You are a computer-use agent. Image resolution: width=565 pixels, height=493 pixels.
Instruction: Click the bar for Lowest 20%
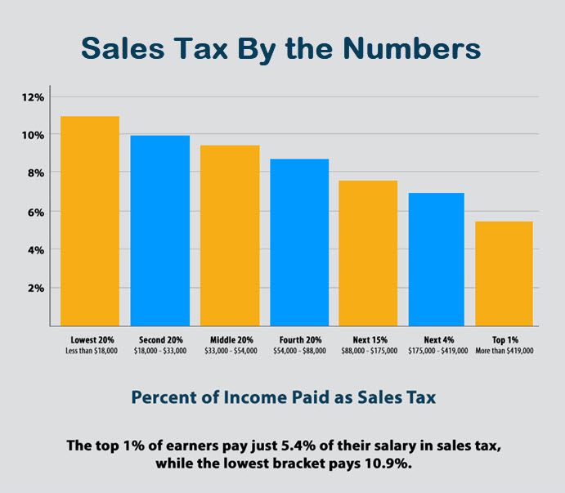[x=89, y=221]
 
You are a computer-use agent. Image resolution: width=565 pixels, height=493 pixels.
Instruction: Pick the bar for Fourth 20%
[x=299, y=242]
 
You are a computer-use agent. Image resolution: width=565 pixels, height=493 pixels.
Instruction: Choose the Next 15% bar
[x=369, y=253]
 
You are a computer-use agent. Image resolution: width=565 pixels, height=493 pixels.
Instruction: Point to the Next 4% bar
[x=437, y=259]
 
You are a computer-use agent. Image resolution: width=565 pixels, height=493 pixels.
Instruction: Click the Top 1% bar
[x=504, y=273]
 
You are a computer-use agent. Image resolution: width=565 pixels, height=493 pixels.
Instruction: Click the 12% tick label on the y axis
[x=34, y=97]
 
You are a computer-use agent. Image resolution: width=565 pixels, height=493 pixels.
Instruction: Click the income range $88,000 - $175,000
[x=369, y=351]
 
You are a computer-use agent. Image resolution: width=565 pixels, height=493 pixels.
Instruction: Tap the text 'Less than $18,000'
[x=89, y=351]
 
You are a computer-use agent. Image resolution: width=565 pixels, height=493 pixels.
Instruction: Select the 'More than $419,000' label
[x=504, y=351]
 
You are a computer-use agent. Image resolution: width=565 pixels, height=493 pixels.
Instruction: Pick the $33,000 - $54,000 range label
[x=230, y=351]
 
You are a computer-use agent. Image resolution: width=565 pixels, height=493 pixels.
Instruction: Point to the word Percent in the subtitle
[x=168, y=398]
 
